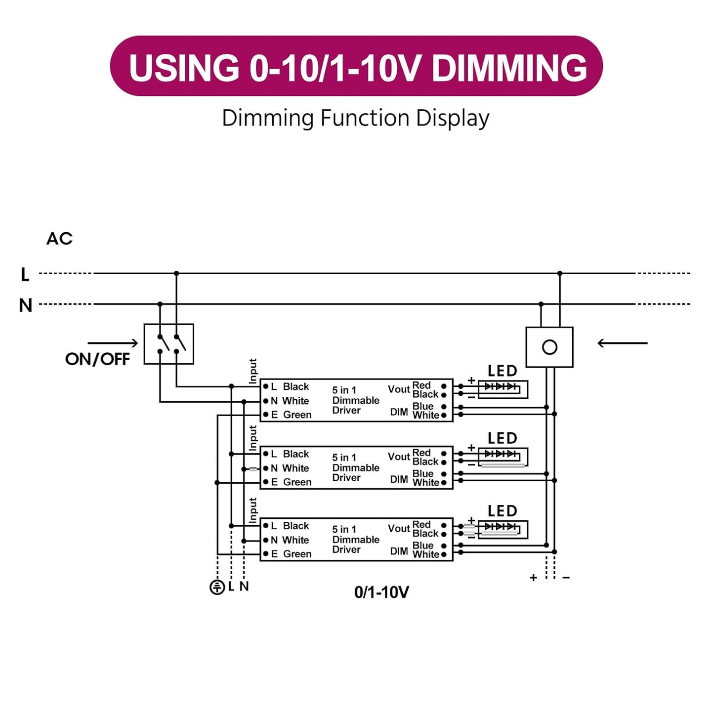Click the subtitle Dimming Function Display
pos(356,119)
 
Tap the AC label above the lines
pos(59,239)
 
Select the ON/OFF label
pos(97,359)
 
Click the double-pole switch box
pos(168,344)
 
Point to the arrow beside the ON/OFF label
pos(113,343)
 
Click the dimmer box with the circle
pos(549,347)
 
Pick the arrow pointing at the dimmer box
pos(622,343)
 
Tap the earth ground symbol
pos(217,587)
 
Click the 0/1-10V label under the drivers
pos(381,592)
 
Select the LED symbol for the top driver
pos(503,388)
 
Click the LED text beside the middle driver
pos(502,438)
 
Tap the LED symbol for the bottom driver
pos(503,529)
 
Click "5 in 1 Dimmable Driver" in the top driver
pos(355,400)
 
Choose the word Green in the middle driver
pos(297,482)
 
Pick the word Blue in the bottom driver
pos(423,546)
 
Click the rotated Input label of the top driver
pos(253,371)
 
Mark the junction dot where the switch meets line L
pos(176,273)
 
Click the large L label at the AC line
pos(25,274)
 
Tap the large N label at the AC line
pos(25,305)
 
